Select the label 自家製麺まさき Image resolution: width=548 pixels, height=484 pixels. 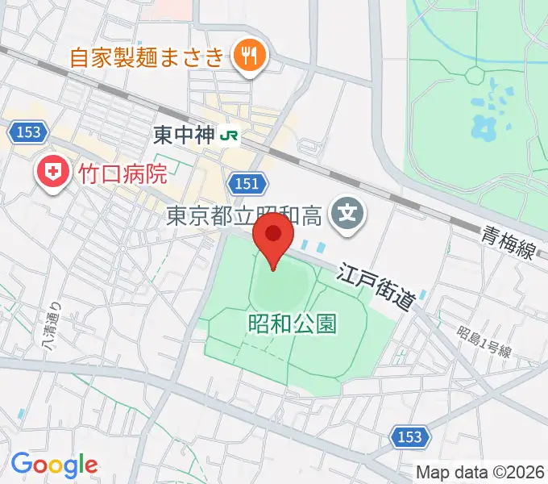(x=146, y=57)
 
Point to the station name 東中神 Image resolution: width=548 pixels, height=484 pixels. (x=184, y=136)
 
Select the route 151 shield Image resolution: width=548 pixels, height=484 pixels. (x=247, y=184)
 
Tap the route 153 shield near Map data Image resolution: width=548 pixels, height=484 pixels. (x=409, y=436)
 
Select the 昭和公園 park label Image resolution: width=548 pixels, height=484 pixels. (x=292, y=324)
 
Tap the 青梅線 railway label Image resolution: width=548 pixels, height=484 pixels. (x=508, y=243)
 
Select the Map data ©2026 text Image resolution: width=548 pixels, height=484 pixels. (x=480, y=472)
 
